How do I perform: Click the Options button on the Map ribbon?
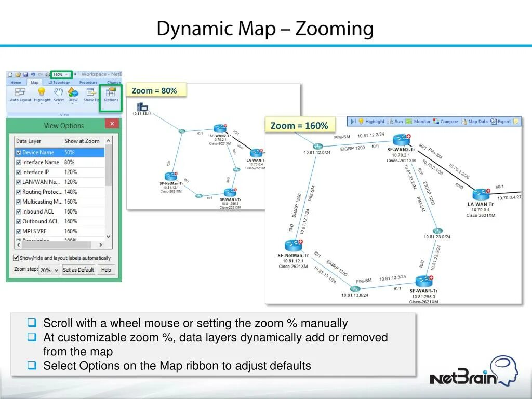click(x=111, y=95)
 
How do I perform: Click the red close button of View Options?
click(x=112, y=124)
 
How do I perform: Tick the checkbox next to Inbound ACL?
click(x=19, y=212)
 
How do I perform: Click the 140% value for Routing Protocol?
click(x=71, y=192)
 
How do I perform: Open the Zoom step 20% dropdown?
click(x=49, y=270)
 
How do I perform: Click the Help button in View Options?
click(x=106, y=270)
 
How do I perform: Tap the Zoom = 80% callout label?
click(x=154, y=91)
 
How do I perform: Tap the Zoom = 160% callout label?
click(x=299, y=126)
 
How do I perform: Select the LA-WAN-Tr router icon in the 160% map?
click(x=481, y=195)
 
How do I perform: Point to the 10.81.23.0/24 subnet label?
click(x=437, y=237)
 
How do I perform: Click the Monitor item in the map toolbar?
click(x=418, y=122)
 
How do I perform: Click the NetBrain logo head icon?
click(x=504, y=369)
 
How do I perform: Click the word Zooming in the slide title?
click(x=334, y=29)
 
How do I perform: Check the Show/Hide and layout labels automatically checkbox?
click(x=16, y=258)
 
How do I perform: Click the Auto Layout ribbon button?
click(x=21, y=95)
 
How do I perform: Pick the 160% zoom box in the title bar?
click(x=61, y=74)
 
